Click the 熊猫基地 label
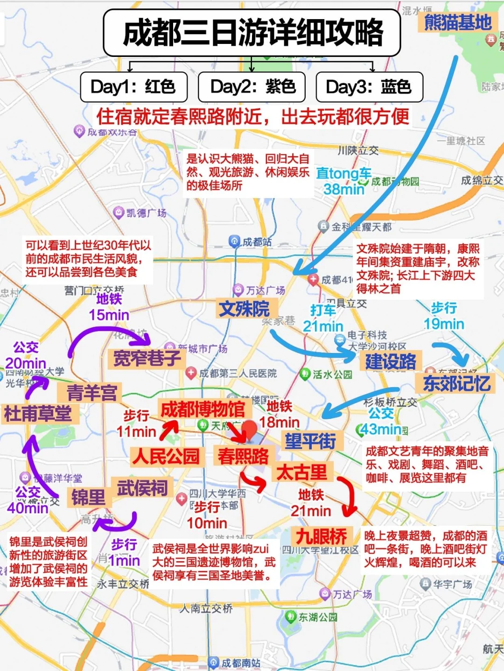tap(457, 22)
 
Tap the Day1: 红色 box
tap(133, 87)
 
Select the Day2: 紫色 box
tap(252, 87)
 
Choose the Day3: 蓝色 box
tap(369, 87)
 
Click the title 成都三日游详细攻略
tap(252, 33)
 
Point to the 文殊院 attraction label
tap(245, 309)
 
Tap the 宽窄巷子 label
tap(147, 359)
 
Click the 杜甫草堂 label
tap(38, 414)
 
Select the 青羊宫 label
tap(91, 393)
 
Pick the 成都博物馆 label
tap(203, 409)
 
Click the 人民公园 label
tap(166, 456)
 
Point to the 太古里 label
tap(302, 472)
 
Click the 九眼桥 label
tap(322, 536)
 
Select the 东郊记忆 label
tap(456, 383)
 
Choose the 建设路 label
tap(390, 361)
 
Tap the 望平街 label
tap(311, 440)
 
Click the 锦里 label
tap(88, 498)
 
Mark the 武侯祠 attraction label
tap(142, 488)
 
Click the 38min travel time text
tap(344, 189)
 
